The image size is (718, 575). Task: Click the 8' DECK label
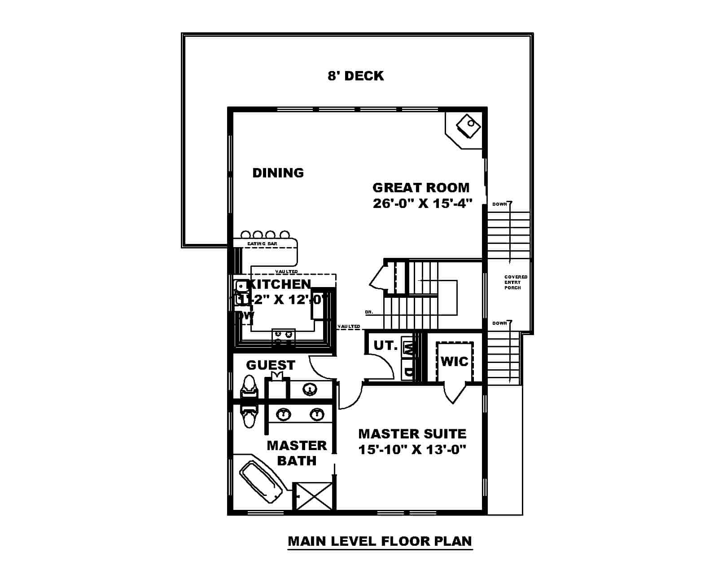tap(355, 76)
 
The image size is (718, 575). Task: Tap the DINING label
tap(278, 173)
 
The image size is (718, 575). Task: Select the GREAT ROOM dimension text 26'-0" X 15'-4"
tap(423, 203)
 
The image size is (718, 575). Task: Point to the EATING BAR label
tap(262, 244)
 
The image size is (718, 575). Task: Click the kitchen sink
tap(241, 285)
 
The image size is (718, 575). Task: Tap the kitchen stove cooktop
tap(283, 337)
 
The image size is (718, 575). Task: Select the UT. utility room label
tap(385, 345)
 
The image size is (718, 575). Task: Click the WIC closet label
tap(454, 361)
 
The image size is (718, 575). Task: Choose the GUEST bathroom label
tap(271, 365)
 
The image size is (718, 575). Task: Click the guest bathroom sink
tap(309, 389)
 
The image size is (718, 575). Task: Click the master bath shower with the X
tap(314, 496)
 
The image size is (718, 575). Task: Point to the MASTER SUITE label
tap(412, 434)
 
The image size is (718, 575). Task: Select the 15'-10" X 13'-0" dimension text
tap(412, 449)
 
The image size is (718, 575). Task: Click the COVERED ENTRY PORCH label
tap(516, 282)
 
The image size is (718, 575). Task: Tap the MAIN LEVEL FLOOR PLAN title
tap(380, 541)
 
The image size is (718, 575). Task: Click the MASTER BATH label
tap(297, 453)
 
